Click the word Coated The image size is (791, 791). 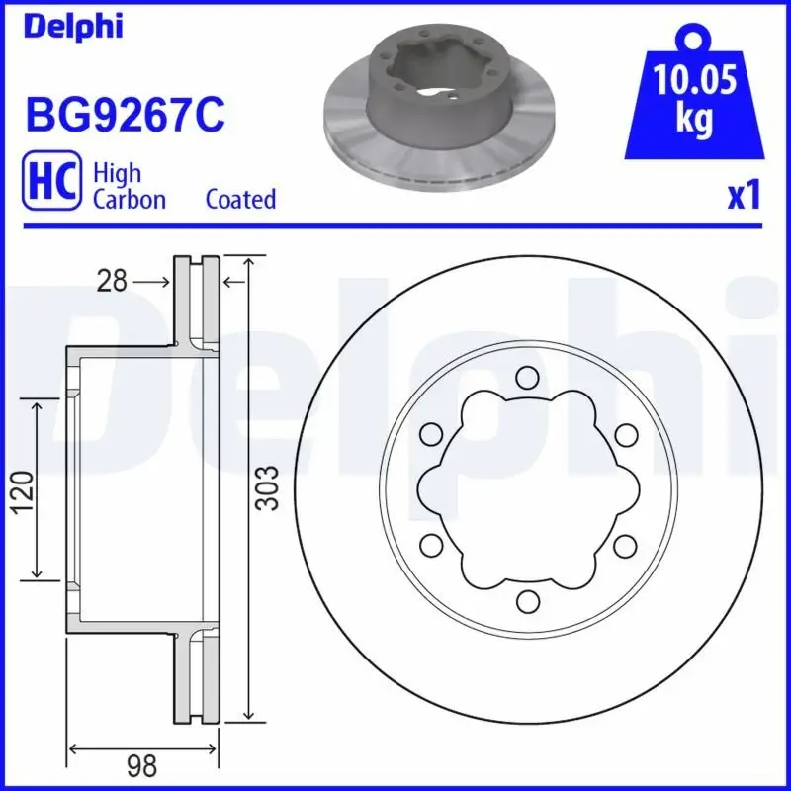tap(240, 199)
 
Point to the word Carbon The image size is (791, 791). tap(129, 199)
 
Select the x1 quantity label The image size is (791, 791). tap(744, 196)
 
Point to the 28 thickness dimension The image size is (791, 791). tap(113, 282)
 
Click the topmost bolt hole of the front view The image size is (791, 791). tap(527, 376)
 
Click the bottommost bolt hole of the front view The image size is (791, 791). tap(527, 600)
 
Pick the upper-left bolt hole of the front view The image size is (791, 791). tap(430, 433)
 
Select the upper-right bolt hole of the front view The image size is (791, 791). tap(624, 433)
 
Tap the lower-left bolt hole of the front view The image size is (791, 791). tap(430, 544)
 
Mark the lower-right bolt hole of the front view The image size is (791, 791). tap(624, 544)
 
